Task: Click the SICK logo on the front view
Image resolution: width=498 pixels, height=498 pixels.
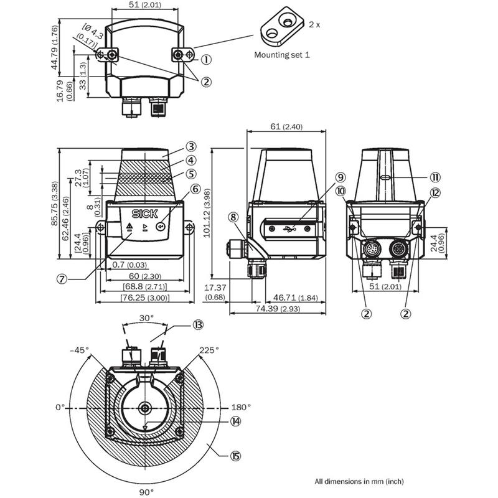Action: coord(145,214)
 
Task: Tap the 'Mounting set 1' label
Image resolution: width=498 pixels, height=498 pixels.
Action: coord(282,55)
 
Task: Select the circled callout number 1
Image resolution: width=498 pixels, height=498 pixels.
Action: coord(206,59)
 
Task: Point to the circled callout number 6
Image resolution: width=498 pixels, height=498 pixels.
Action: coord(195,189)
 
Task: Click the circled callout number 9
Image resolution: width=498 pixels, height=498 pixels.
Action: coord(340,177)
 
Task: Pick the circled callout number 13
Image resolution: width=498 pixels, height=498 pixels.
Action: coord(198,325)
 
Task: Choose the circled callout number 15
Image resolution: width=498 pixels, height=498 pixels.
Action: coord(235,456)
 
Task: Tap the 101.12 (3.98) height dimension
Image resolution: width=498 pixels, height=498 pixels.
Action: coord(207,213)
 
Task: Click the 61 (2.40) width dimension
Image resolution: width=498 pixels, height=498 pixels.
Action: coord(286,127)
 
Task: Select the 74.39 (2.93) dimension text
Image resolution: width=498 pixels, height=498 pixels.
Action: coord(278,309)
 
